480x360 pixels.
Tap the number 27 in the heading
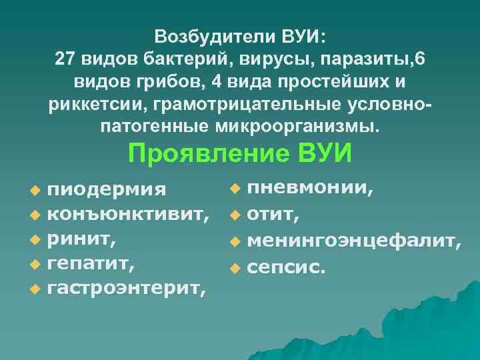tap(67, 59)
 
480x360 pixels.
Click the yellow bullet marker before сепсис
tap(233, 269)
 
